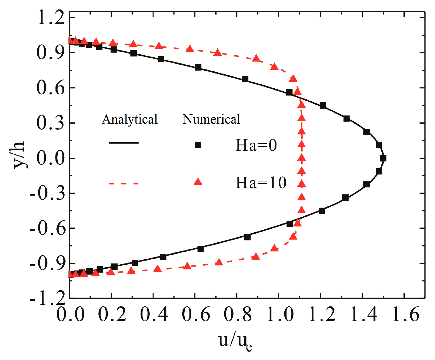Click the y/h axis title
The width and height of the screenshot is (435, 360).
pyautogui.click(x=20, y=155)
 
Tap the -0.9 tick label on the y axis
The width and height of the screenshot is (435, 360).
pyautogui.click(x=47, y=263)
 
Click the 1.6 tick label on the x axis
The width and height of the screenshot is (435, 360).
pyautogui.click(x=405, y=315)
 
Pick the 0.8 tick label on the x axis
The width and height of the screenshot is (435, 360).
pyautogui.click(x=238, y=315)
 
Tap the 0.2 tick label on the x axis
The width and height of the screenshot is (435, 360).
pyautogui.click(x=112, y=315)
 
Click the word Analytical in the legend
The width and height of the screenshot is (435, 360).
pyautogui.click(x=130, y=119)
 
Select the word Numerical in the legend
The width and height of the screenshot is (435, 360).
pyautogui.click(x=212, y=119)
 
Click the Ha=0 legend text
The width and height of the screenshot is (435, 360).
pyautogui.click(x=256, y=145)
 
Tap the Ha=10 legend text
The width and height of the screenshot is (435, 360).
pyautogui.click(x=261, y=183)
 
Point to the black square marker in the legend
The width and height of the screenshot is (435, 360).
pyautogui.click(x=198, y=145)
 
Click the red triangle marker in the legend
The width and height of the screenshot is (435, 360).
pyautogui.click(x=198, y=181)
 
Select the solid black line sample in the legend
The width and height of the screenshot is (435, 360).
pyautogui.click(x=124, y=143)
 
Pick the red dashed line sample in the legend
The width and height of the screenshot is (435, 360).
pyautogui.click(x=124, y=183)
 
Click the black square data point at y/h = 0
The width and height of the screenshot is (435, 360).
pyautogui.click(x=383, y=158)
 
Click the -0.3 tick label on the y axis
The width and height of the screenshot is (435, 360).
pyautogui.click(x=47, y=193)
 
